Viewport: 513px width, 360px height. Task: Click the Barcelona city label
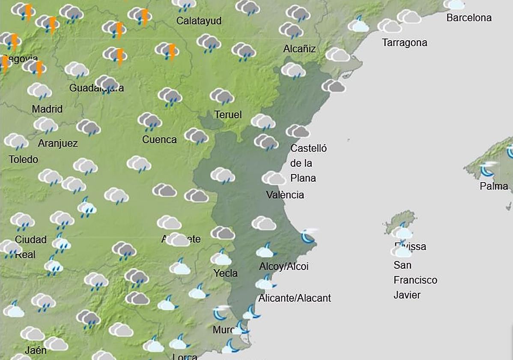469,18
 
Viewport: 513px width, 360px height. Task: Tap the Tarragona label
405,43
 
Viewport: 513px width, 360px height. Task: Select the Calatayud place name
199,21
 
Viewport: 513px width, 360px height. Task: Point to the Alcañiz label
299,49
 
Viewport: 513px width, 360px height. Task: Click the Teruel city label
228,115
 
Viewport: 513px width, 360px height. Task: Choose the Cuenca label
159,140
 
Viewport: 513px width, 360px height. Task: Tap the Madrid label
47,109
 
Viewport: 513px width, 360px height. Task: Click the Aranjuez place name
58,143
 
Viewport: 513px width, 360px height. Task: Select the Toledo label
24,160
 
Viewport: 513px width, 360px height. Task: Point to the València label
285,195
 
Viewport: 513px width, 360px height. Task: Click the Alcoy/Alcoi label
284,267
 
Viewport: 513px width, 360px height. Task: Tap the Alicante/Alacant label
295,298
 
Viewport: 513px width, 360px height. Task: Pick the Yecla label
226,273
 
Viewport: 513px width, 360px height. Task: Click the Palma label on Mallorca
494,186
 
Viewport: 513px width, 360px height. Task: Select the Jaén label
36,350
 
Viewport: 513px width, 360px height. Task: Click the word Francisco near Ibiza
415,280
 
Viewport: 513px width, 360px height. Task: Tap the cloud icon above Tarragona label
389,26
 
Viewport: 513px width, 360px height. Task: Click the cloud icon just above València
274,178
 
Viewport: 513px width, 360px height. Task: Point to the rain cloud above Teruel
222,96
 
